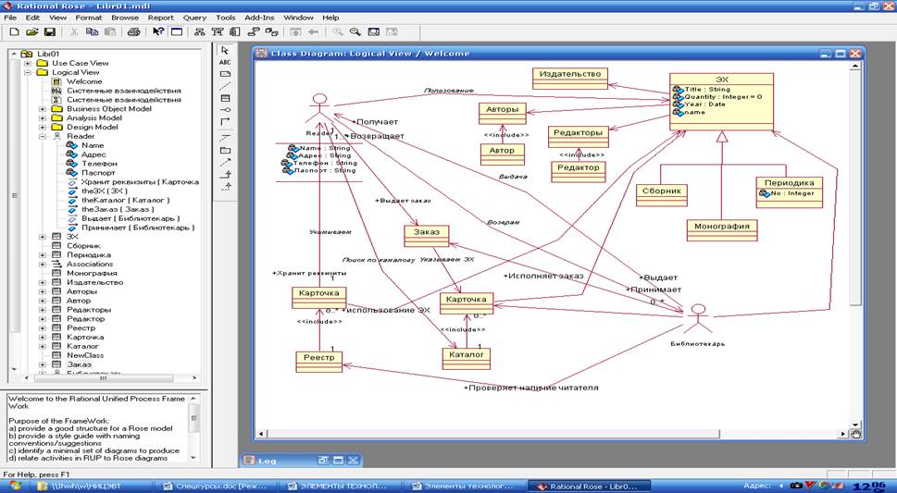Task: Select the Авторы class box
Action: (x=503, y=110)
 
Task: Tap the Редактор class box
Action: (x=577, y=169)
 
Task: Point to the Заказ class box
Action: (x=427, y=234)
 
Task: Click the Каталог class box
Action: (x=465, y=354)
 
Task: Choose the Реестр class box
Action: (x=319, y=360)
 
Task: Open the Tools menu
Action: (x=225, y=18)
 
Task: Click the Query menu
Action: (x=194, y=18)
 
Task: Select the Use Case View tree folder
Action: (x=80, y=63)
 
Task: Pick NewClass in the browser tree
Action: (x=85, y=354)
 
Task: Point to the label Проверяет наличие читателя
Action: (x=530, y=388)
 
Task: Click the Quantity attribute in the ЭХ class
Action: (x=722, y=96)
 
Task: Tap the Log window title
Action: (x=268, y=460)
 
